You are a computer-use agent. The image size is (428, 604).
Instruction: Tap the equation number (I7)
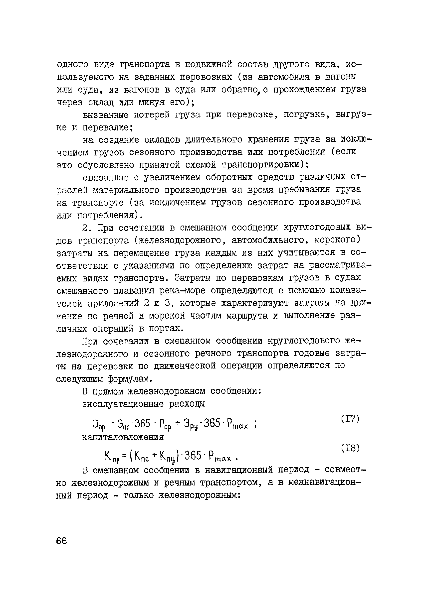point(350,419)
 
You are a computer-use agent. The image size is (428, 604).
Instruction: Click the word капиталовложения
point(123,437)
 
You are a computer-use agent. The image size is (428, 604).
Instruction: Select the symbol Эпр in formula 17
point(99,425)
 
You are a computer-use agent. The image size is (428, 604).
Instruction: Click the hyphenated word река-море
point(182,291)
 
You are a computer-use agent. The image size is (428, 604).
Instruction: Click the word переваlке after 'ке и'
point(107,128)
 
